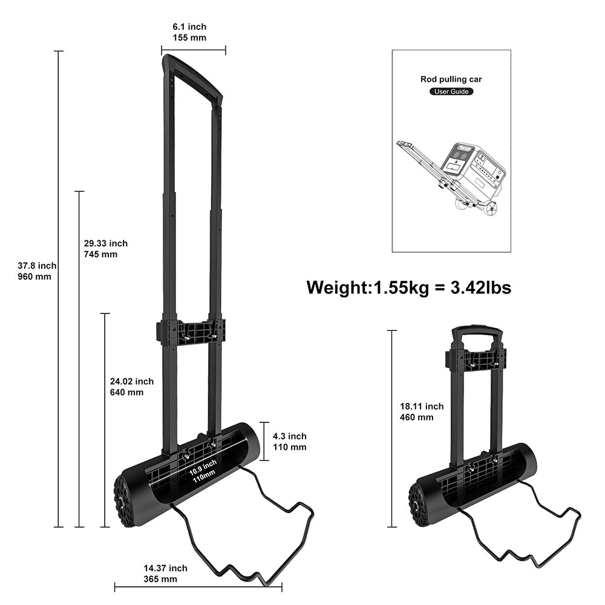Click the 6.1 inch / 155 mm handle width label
click(x=189, y=32)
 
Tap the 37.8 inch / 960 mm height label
click(x=37, y=271)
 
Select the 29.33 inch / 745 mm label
click(x=106, y=249)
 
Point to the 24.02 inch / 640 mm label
click(x=131, y=387)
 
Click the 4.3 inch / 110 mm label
click(x=289, y=442)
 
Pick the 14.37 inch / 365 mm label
click(x=165, y=574)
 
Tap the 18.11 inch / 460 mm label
click(x=421, y=411)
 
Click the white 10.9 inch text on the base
click(x=202, y=467)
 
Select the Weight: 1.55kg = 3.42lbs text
click(x=408, y=287)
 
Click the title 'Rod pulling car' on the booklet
click(x=451, y=79)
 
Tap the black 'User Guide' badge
click(x=451, y=92)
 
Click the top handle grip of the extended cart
click(x=192, y=76)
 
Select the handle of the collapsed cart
click(x=478, y=334)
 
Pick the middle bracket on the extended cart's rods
click(x=191, y=333)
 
